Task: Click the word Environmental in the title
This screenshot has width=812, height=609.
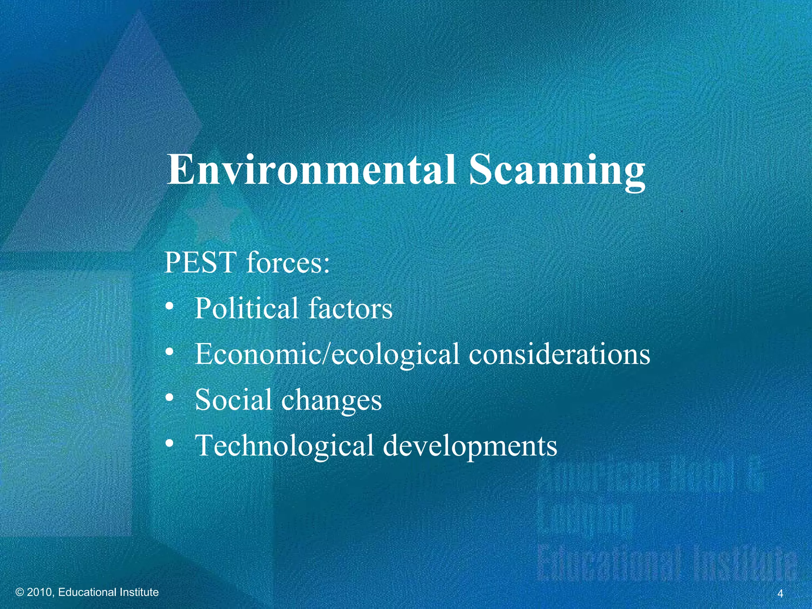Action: [x=311, y=170]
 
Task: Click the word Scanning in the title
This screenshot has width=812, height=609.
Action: [x=557, y=171]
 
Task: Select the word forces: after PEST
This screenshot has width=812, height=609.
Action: [x=288, y=262]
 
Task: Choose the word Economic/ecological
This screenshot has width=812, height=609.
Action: [x=327, y=354]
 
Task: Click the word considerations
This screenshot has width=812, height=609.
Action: [x=559, y=354]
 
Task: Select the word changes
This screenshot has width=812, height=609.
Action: [x=331, y=400]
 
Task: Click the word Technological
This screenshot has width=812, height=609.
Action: [x=285, y=446]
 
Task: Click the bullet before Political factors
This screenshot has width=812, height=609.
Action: [x=170, y=306]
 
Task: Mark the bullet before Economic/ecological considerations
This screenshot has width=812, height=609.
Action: [x=170, y=352]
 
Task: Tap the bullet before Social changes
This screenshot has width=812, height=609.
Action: [x=170, y=397]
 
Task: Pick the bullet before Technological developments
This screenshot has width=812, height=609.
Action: [x=170, y=443]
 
